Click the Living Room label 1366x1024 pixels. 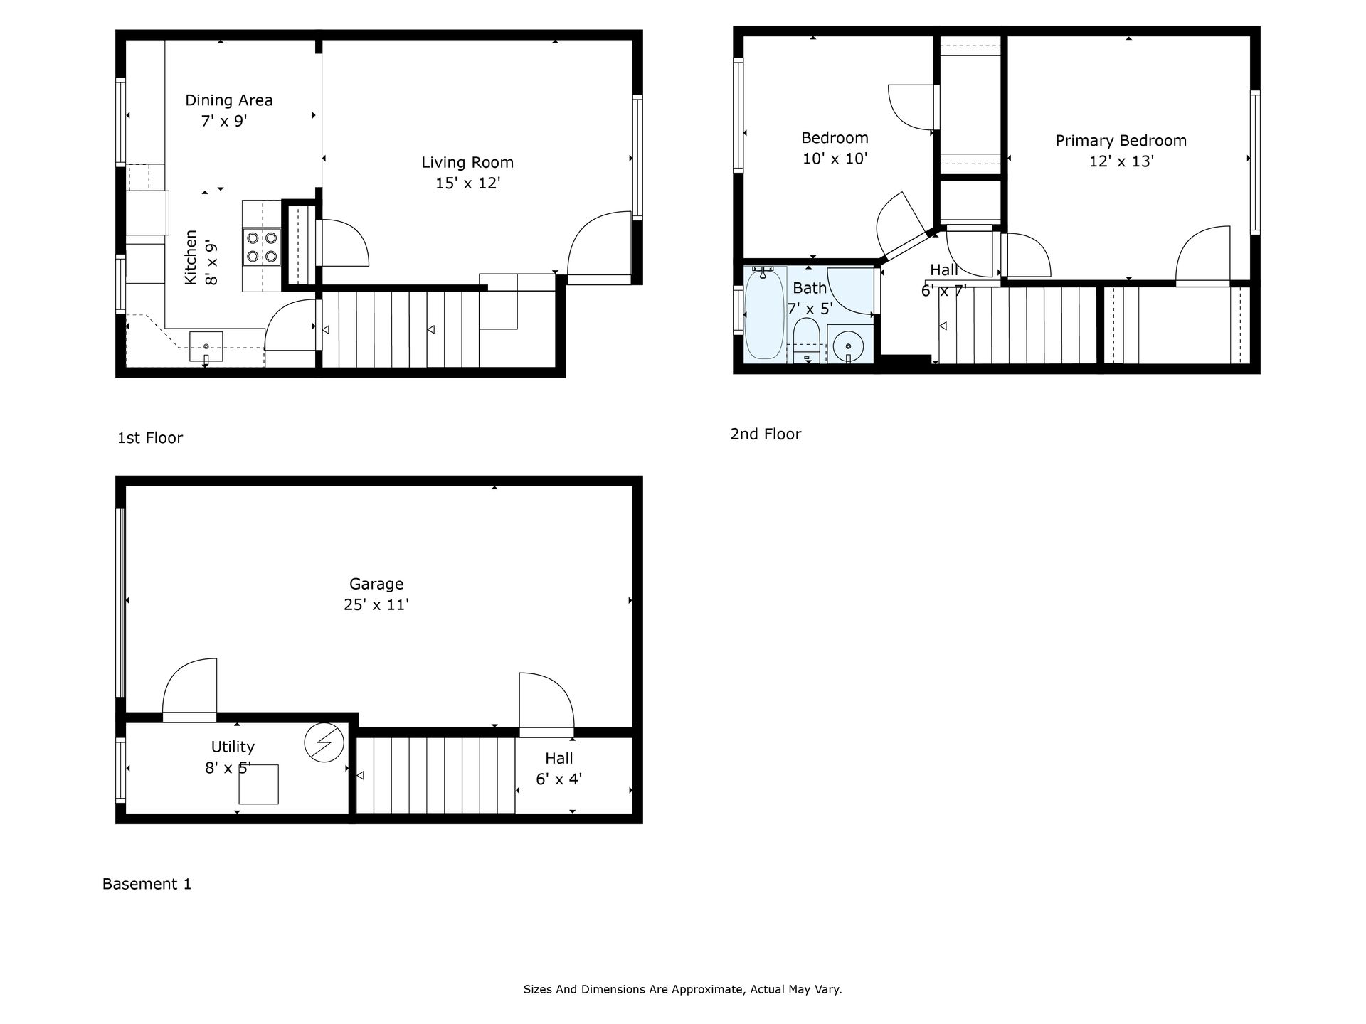pyautogui.click(x=467, y=163)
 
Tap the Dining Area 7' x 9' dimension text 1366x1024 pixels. pyautogui.click(x=223, y=122)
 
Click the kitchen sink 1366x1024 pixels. pyautogui.click(x=206, y=347)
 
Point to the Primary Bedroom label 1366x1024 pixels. pyautogui.click(x=1121, y=141)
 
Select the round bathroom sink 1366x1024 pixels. pyautogui.click(x=848, y=346)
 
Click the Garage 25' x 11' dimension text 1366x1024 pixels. pyautogui.click(x=376, y=605)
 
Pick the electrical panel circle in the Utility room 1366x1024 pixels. pyautogui.click(x=324, y=743)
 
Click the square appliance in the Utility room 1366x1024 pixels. pyautogui.click(x=258, y=784)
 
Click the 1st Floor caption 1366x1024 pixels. pyautogui.click(x=150, y=438)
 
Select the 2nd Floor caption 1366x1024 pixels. pyautogui.click(x=766, y=434)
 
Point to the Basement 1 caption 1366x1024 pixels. pyautogui.click(x=147, y=885)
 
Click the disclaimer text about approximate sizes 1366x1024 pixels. pyautogui.click(x=682, y=989)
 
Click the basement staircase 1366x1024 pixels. pyautogui.click(x=435, y=775)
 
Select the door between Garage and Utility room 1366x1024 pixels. pyautogui.click(x=190, y=690)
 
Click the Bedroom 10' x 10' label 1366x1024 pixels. pyautogui.click(x=835, y=148)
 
